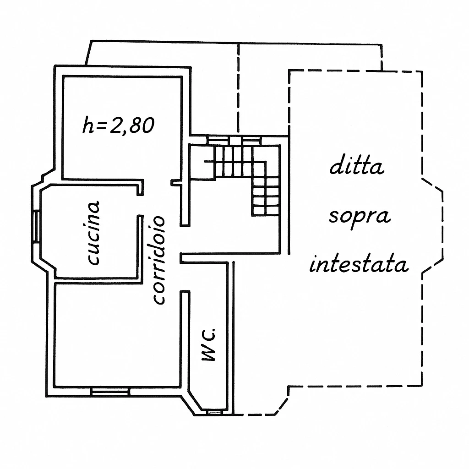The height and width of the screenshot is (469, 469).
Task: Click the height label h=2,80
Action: pyautogui.click(x=117, y=125)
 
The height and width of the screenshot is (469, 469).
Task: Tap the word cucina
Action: pyautogui.click(x=93, y=233)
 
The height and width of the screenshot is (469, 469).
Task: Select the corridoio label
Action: pyautogui.click(x=158, y=260)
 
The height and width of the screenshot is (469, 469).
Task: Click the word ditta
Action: pyautogui.click(x=357, y=166)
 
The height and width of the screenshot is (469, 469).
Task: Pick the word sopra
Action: pyautogui.click(x=360, y=216)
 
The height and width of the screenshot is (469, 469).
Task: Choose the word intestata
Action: pyautogui.click(x=359, y=265)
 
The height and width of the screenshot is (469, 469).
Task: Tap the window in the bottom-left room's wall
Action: pyautogui.click(x=110, y=392)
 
